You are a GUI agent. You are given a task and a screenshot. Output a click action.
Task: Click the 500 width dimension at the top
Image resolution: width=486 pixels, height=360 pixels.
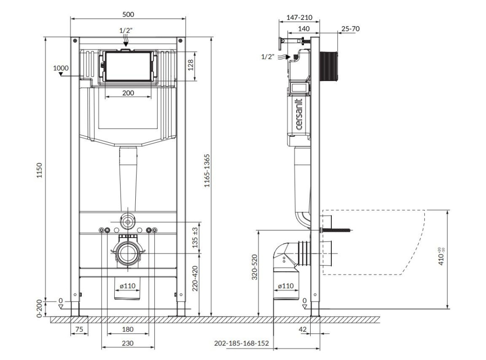coord(128,14)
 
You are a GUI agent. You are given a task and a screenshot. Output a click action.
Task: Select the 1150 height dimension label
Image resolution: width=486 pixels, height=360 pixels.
coord(40,171)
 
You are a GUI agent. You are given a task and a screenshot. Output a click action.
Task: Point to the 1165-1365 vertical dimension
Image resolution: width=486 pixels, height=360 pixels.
coord(207,171)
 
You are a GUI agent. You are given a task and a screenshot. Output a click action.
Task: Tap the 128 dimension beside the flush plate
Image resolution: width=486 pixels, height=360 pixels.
coord(191,65)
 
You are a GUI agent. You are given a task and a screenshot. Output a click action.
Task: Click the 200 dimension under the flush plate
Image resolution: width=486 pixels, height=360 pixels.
coord(128,93)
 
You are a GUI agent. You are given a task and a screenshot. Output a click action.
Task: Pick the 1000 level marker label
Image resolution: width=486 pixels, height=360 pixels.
coord(61,68)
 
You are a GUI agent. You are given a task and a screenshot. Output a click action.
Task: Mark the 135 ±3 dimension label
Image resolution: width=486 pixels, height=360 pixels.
coord(195,238)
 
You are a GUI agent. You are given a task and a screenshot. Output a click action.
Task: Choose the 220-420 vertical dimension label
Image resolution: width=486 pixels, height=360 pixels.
coord(195,279)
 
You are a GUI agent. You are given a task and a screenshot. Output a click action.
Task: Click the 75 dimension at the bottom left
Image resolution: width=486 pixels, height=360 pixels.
coord(79,329)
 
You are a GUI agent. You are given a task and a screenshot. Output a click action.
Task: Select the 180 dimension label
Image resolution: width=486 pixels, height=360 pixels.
coord(128,329)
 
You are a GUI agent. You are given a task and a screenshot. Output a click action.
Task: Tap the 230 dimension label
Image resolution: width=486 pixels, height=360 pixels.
coord(128,343)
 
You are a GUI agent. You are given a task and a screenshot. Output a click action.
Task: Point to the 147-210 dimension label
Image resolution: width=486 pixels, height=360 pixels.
coord(299,18)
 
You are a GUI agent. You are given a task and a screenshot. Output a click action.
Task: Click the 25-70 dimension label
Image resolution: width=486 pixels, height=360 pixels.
coord(351,29)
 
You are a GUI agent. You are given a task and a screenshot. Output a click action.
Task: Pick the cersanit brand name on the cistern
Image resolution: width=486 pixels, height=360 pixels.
coord(299,114)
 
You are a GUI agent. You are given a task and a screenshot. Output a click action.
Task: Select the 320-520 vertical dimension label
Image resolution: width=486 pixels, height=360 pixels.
coord(254,267)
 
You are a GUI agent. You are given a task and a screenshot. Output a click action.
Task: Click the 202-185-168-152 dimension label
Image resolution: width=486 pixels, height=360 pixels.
coord(241,343)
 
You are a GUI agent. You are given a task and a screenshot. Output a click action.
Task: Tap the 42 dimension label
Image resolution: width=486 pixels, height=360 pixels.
coord(303,329)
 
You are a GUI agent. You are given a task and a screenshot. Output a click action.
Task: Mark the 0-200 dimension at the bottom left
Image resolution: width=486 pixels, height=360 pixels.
coord(40,309)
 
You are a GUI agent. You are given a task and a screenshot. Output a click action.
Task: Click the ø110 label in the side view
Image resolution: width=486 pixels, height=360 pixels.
coord(286,286)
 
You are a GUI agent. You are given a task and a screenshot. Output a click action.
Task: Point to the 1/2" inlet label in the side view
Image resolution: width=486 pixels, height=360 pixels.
coord(268,57)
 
